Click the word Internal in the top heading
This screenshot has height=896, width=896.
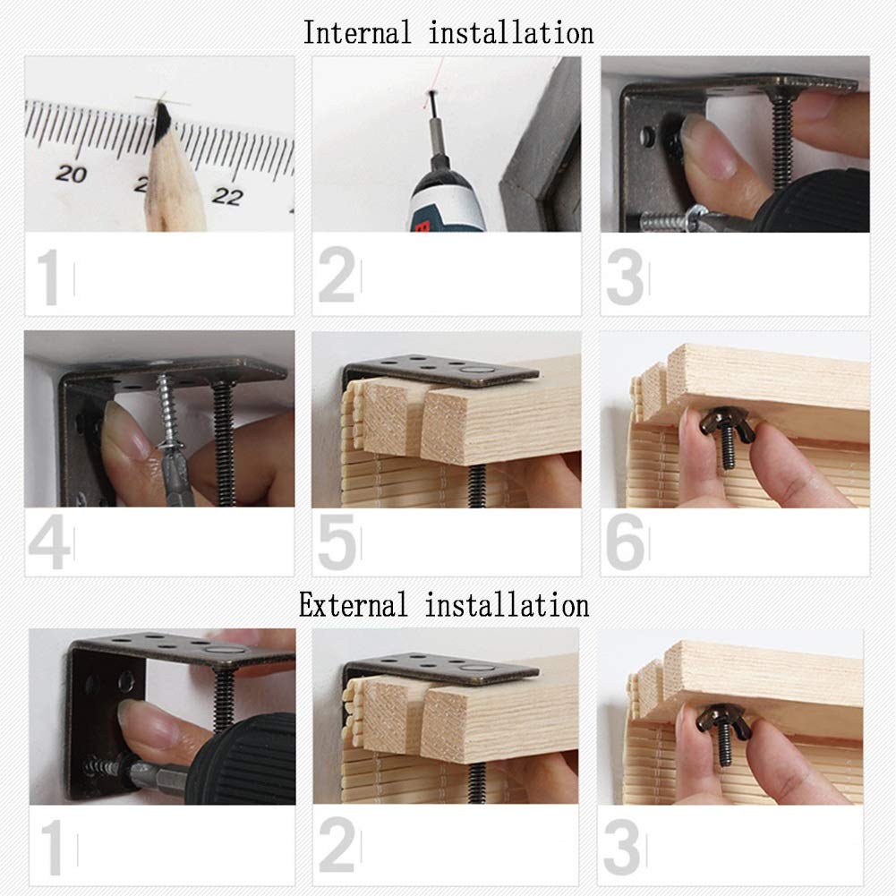click(356, 32)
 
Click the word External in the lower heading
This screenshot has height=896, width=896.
click(354, 604)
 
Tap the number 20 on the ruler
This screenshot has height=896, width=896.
click(71, 173)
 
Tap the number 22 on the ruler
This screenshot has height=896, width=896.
click(227, 196)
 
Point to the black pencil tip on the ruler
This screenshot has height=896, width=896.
click(164, 116)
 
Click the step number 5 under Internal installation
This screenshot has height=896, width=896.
click(337, 542)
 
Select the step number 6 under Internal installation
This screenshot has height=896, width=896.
click(625, 542)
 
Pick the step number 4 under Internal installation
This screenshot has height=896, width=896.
click(49, 542)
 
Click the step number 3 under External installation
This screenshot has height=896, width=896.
click(622, 846)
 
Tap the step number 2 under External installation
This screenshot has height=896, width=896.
click(337, 846)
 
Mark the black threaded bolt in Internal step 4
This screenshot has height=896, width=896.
click(224, 443)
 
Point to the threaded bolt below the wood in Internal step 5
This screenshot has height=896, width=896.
click(478, 486)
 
